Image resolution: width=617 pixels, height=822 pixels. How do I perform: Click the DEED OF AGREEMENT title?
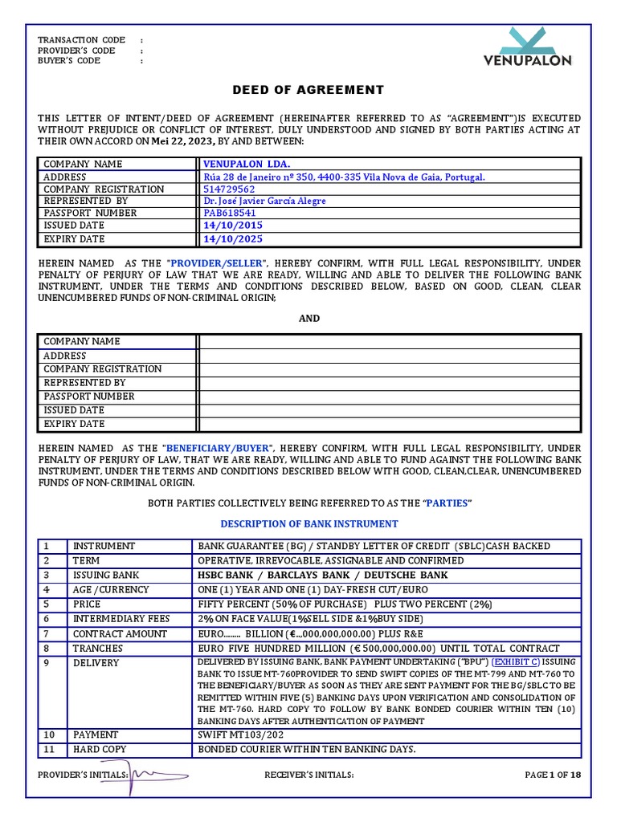(308, 90)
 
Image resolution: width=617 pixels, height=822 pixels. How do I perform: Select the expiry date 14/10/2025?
(233, 239)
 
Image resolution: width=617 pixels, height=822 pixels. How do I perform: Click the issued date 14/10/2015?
(233, 226)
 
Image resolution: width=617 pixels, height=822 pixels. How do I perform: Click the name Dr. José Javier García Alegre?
(264, 201)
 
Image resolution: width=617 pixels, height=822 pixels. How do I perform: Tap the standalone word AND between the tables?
(309, 319)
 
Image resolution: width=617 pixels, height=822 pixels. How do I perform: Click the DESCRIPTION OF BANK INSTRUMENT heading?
(308, 523)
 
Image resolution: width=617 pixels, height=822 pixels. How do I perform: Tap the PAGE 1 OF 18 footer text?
(551, 775)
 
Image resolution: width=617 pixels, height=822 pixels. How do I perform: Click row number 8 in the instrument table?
(47, 648)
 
